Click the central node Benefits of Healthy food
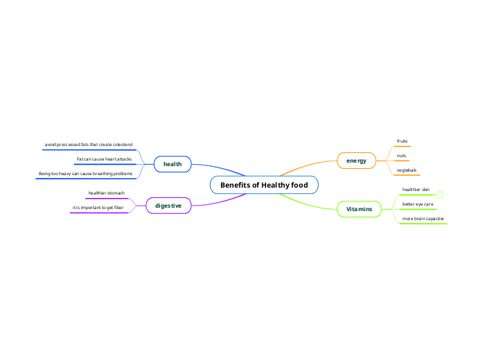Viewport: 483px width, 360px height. [x=264, y=185]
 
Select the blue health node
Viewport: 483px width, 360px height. [x=172, y=164]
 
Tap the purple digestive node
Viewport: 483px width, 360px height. [x=168, y=206]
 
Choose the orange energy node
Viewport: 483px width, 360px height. [x=356, y=161]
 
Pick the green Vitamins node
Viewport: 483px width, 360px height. [x=359, y=208]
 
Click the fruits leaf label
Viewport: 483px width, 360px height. [x=402, y=141]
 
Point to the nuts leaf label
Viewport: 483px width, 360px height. [x=401, y=156]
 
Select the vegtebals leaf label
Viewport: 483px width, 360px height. [x=406, y=170]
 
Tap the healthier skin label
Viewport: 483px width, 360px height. [x=416, y=189]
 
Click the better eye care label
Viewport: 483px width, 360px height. [x=418, y=204]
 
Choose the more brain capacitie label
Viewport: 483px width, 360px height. [x=423, y=219]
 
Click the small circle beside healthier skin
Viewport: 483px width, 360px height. [x=439, y=195]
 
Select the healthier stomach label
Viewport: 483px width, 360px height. [x=106, y=193]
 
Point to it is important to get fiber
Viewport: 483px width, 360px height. [x=98, y=207]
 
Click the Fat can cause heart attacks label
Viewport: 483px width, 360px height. [x=104, y=159]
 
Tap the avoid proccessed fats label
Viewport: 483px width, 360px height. [x=89, y=144]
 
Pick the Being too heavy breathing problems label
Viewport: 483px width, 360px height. [x=85, y=173]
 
